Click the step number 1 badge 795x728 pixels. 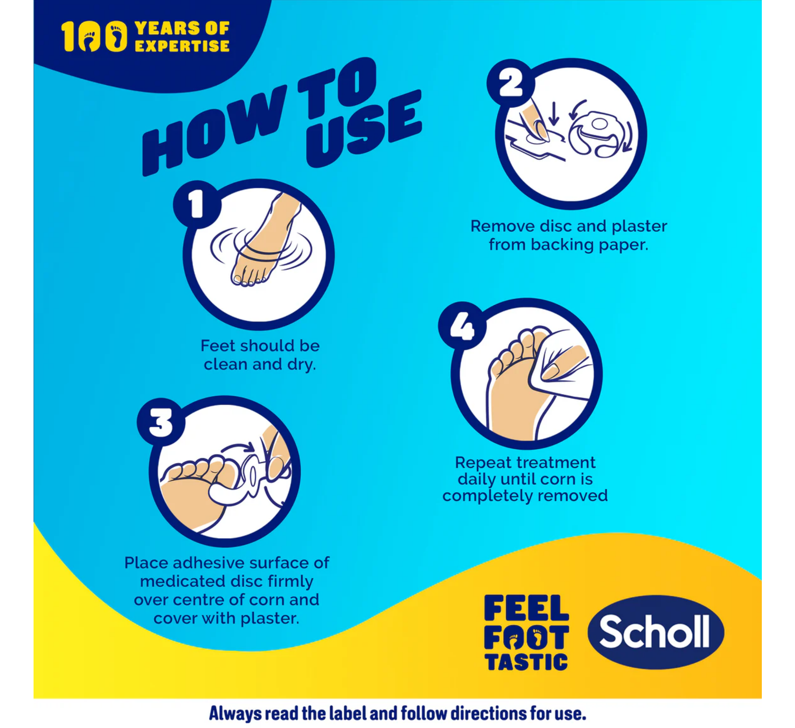click(196, 204)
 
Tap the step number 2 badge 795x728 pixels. click(510, 83)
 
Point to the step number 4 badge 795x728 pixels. click(462, 325)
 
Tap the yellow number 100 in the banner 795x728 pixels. click(94, 36)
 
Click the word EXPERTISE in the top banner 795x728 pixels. click(182, 46)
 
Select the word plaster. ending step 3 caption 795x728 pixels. click(270, 619)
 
